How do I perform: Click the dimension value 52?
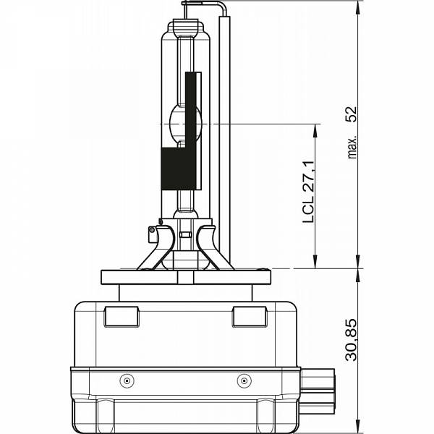[x=352, y=114]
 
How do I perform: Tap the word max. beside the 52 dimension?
[x=352, y=147]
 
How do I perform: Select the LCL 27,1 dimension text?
[x=308, y=192]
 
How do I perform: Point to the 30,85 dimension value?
[x=351, y=340]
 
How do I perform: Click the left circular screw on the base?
[x=127, y=381]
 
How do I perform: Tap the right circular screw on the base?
[x=244, y=381]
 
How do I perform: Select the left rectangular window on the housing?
[x=122, y=316]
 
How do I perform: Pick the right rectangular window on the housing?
[x=250, y=316]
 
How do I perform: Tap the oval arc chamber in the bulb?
[x=185, y=124]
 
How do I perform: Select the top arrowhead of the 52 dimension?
[x=358, y=8]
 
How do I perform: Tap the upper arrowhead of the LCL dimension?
[x=315, y=131]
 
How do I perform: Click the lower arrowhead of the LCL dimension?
[x=315, y=261]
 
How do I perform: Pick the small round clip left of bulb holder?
[x=151, y=230]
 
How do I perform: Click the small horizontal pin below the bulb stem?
[x=185, y=235]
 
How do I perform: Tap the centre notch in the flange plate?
[x=186, y=277]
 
